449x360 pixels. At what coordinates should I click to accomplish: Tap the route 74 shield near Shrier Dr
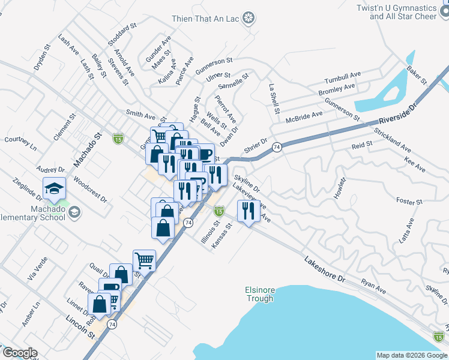point(277,146)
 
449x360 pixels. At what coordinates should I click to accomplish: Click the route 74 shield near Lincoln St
point(112,323)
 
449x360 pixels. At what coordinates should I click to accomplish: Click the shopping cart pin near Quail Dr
point(144,260)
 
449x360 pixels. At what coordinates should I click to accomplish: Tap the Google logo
point(20,353)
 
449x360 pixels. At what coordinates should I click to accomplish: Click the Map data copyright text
point(411,355)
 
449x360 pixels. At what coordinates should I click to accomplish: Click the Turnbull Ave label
point(342,77)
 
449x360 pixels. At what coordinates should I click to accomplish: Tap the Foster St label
point(410,202)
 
